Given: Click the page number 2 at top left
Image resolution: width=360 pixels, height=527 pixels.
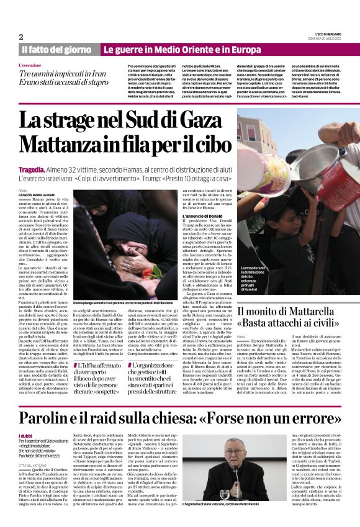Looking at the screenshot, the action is pyautogui.click(x=21, y=37).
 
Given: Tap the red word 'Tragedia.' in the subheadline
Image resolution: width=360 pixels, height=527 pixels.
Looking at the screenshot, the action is pyautogui.click(x=32, y=169).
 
